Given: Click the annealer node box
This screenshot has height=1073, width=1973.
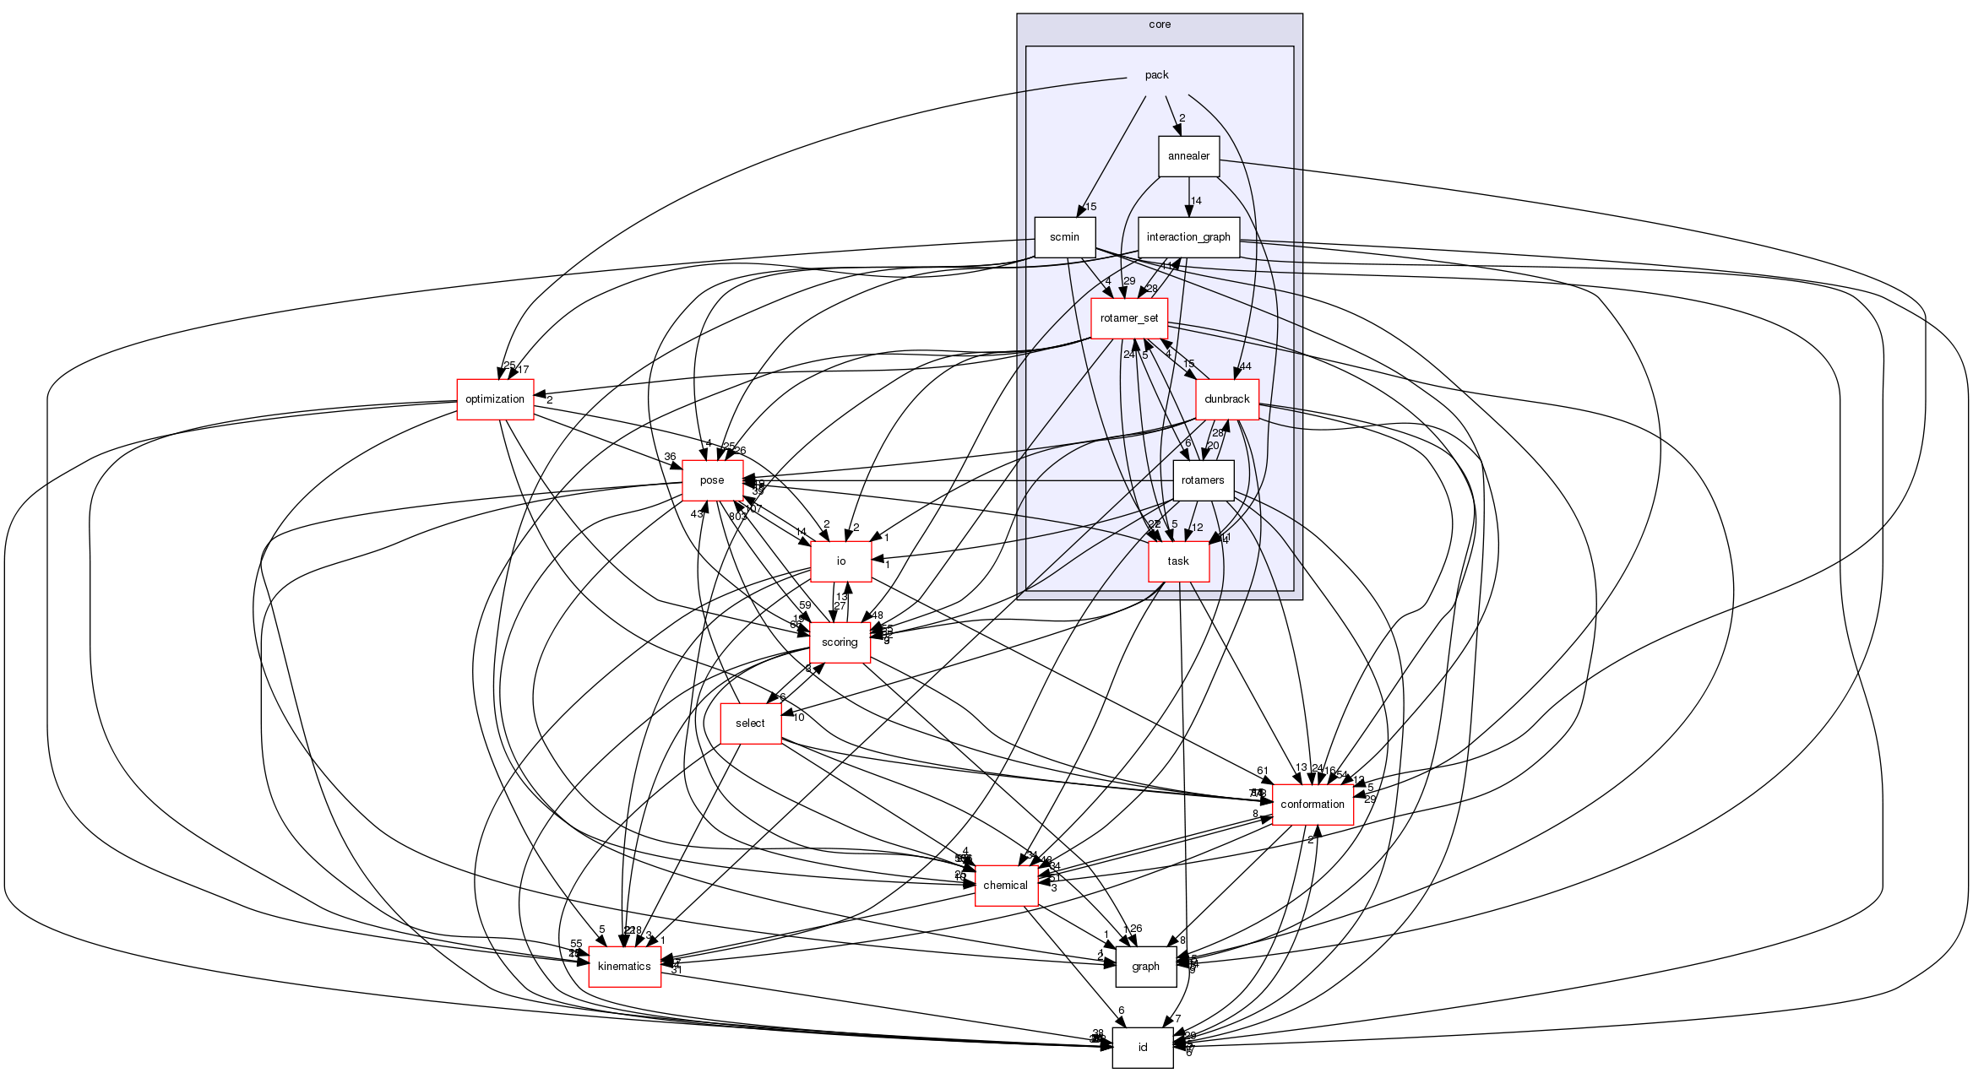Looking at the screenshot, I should [1188, 156].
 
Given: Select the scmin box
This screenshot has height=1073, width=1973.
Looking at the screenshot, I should [1064, 237].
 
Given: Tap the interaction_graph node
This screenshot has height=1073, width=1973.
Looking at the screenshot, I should [1188, 237].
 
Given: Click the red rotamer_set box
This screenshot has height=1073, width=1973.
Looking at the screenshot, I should [1129, 318].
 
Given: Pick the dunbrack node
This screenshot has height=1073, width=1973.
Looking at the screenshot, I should [1226, 399].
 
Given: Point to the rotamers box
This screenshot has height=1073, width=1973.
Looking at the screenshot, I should [1203, 480].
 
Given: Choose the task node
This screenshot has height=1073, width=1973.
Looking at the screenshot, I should [1178, 561].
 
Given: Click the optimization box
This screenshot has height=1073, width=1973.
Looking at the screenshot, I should [495, 399].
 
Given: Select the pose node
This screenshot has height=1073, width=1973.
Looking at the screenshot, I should [712, 480].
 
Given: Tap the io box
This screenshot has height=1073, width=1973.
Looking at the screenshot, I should [840, 561].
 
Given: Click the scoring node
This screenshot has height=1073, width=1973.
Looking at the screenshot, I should [840, 642].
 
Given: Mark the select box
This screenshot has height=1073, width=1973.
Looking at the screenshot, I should [750, 723].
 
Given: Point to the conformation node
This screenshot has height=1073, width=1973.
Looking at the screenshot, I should [1312, 805].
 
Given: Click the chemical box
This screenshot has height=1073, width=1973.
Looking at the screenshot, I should [1005, 886].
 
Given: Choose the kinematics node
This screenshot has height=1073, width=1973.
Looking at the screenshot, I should [624, 967].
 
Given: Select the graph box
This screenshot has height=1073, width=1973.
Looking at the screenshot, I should [1145, 967].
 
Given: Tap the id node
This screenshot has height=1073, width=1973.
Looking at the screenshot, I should [1142, 1048].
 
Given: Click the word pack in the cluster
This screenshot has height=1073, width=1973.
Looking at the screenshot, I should [1156, 75].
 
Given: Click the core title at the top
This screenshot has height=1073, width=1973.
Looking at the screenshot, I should [1160, 24].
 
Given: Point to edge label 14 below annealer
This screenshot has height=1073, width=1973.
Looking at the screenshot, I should [1196, 201].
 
